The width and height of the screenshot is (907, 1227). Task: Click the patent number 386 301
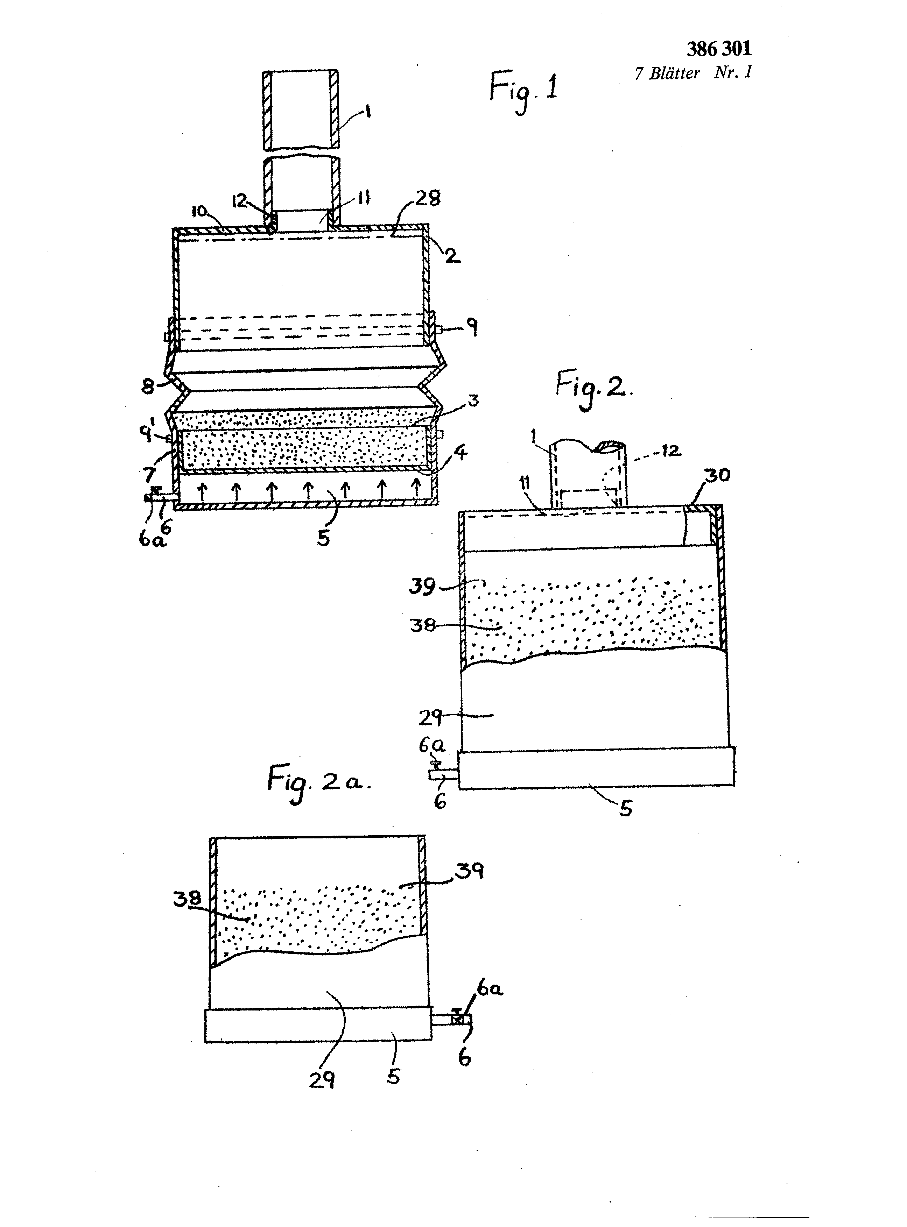click(719, 49)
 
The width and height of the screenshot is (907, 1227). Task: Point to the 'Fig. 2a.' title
click(318, 782)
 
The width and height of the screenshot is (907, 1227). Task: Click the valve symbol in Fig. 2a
click(457, 1018)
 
